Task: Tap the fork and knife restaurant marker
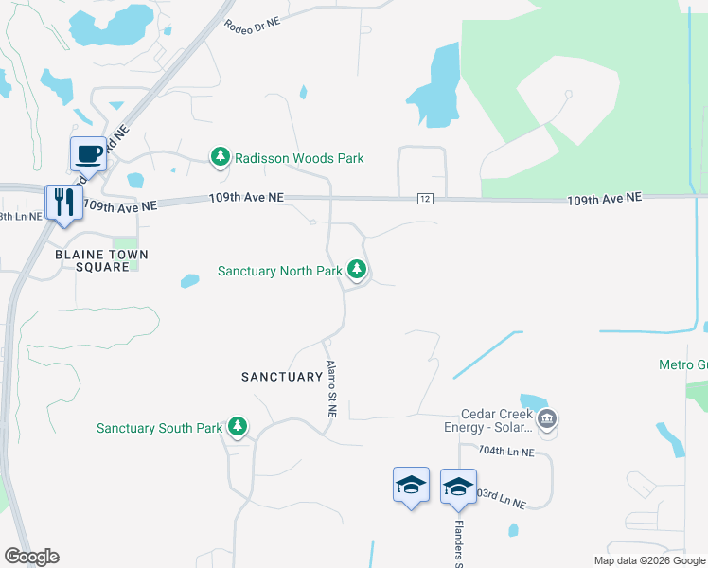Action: point(63,202)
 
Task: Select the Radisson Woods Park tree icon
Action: point(221,156)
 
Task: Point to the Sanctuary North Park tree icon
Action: point(357,270)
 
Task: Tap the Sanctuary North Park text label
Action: point(279,271)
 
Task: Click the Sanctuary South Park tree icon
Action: point(237,427)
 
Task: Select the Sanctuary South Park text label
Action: point(159,429)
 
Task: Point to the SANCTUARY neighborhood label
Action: point(282,377)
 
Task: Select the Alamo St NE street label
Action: point(331,389)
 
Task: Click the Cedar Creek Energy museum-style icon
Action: point(546,418)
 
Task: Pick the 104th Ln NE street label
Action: point(506,452)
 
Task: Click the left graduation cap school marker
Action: point(411,485)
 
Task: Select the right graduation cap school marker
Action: point(458,487)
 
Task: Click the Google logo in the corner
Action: point(31,557)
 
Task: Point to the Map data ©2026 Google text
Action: point(649,560)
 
